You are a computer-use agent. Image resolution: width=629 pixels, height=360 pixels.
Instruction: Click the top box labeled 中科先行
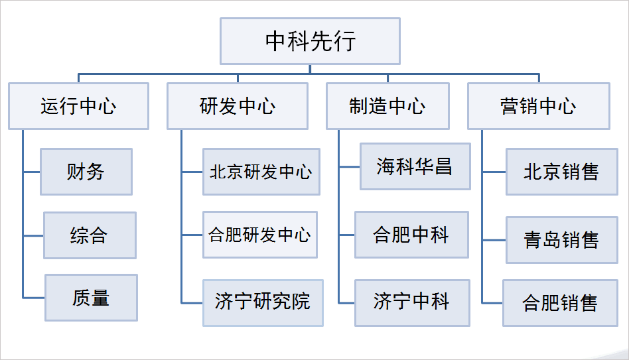click(x=310, y=40)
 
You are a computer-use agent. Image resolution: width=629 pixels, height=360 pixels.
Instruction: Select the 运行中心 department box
click(x=78, y=105)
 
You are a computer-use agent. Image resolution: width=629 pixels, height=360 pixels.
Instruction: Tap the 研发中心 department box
click(x=237, y=105)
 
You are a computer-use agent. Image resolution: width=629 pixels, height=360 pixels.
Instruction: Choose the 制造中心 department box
click(x=387, y=105)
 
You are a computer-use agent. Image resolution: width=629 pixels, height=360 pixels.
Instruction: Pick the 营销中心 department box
click(x=538, y=105)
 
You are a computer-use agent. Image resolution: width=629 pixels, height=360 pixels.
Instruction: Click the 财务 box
click(x=86, y=172)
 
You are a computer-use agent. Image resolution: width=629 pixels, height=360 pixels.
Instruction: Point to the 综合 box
click(x=90, y=235)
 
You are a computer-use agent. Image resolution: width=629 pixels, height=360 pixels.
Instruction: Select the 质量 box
click(x=91, y=298)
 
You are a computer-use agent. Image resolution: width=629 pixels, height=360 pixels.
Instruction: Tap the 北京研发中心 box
click(x=260, y=172)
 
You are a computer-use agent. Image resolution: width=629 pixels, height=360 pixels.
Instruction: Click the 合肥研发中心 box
click(x=259, y=235)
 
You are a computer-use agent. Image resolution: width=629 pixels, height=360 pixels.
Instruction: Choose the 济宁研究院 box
click(x=262, y=302)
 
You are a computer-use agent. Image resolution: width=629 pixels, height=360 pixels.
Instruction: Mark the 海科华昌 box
click(x=415, y=166)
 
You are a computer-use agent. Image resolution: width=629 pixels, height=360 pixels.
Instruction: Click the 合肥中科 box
click(x=411, y=235)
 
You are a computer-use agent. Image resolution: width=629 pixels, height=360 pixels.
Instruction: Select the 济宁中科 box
click(x=411, y=302)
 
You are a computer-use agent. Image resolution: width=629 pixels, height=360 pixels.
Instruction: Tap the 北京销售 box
click(x=561, y=172)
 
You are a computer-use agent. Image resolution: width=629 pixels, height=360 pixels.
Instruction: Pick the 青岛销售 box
click(x=561, y=239)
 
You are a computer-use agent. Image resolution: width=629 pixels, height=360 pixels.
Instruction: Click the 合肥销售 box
click(x=560, y=303)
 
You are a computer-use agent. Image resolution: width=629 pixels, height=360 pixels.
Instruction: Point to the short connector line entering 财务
click(x=31, y=172)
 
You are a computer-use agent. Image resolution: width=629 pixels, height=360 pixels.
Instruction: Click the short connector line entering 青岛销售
click(x=494, y=239)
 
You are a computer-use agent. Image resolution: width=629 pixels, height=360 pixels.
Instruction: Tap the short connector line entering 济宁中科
click(x=346, y=303)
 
